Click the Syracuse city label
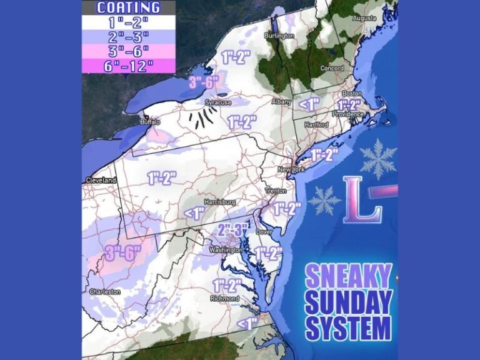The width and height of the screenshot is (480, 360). [218, 102]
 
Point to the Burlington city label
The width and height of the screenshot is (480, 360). [279, 36]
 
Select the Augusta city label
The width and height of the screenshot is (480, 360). [364, 18]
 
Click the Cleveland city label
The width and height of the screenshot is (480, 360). [101, 180]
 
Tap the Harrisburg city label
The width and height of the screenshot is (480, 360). [221, 202]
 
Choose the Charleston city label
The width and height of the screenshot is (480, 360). [105, 292]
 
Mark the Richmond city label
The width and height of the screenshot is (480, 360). [224, 299]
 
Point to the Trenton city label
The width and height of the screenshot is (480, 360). [276, 191]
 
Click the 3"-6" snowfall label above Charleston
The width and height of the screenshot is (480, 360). [123, 254]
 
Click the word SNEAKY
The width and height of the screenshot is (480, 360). [348, 276]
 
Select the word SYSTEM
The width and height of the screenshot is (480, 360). [348, 327]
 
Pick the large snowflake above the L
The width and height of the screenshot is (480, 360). [378, 159]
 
